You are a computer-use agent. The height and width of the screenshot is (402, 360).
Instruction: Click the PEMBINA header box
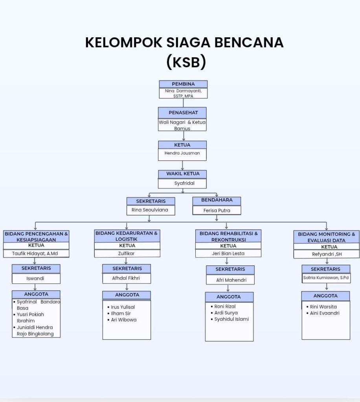click(x=183, y=84)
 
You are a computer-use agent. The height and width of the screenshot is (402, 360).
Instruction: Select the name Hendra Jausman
click(x=182, y=153)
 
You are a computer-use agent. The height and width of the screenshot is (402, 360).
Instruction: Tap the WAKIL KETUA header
click(x=182, y=174)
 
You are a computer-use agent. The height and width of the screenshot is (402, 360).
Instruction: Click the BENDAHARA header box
click(x=217, y=200)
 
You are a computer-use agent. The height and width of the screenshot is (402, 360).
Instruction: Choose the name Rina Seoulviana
click(x=149, y=210)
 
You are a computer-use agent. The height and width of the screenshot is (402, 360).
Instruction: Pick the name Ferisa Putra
click(x=217, y=210)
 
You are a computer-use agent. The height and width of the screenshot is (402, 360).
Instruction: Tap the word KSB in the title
click(x=186, y=62)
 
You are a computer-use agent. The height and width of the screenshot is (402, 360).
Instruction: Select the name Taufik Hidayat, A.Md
click(x=35, y=254)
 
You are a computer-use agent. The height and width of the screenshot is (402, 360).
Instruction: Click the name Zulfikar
click(x=127, y=254)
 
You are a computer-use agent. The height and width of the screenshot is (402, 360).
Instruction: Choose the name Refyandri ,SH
click(x=327, y=254)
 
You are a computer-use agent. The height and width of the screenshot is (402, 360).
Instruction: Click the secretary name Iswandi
click(x=36, y=279)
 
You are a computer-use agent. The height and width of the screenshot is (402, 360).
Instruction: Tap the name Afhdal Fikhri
click(x=126, y=278)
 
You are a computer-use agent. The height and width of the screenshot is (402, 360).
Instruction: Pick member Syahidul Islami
click(x=231, y=319)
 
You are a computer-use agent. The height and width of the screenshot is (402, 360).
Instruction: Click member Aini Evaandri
click(x=325, y=313)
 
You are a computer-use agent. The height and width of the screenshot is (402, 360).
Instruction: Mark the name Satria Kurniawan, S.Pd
click(x=326, y=278)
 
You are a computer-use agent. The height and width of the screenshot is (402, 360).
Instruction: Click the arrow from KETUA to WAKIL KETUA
click(x=182, y=165)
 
